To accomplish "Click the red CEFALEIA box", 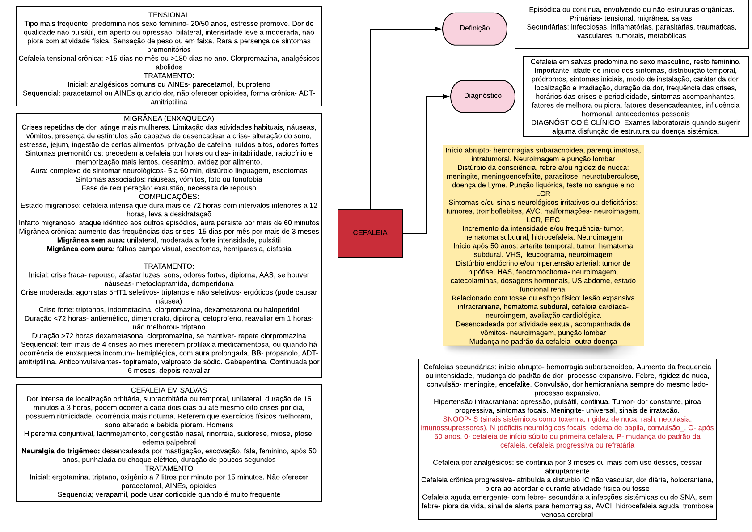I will pyautogui.click(x=370, y=233).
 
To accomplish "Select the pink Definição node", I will pyautogui.click(x=474, y=29).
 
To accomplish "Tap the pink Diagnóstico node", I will pyautogui.click(x=482, y=96).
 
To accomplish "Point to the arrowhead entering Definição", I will pyautogui.click(x=439, y=29).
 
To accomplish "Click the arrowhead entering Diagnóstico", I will pyautogui.click(x=446, y=96).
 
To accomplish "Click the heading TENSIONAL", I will pyautogui.click(x=169, y=15).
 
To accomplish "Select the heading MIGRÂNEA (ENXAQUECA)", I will pyautogui.click(x=169, y=118).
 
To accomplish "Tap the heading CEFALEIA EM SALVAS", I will pyautogui.click(x=169, y=390).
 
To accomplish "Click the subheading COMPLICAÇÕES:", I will pyautogui.click(x=169, y=197).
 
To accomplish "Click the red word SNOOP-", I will pyautogui.click(x=454, y=419).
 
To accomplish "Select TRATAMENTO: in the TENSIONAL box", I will pyautogui.click(x=169, y=76).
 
